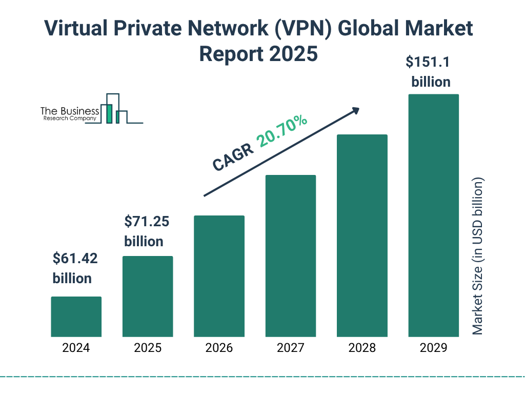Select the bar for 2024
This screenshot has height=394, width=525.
(x=76, y=317)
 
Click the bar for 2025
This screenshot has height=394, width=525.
(x=148, y=296)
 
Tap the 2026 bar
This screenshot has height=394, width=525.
(x=219, y=276)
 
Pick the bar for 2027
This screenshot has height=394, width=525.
(x=290, y=255)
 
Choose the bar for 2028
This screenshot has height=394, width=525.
(x=362, y=235)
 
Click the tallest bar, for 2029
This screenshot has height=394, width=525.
(x=433, y=215)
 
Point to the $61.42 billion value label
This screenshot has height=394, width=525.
(x=75, y=268)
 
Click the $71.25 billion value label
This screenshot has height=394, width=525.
(x=147, y=231)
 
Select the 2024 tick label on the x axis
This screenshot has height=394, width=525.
(x=76, y=348)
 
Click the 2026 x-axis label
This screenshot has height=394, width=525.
(x=219, y=348)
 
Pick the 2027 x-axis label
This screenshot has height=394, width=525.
(x=290, y=348)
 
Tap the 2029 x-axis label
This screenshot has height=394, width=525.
(x=433, y=348)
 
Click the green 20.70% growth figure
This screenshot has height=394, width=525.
(x=282, y=131)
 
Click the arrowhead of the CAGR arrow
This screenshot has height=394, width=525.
(x=355, y=110)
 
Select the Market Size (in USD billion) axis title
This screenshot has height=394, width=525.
(x=478, y=257)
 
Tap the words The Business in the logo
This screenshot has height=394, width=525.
(x=70, y=111)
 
